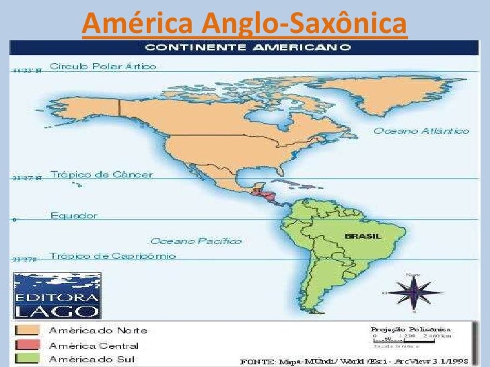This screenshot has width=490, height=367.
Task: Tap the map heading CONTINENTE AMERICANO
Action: click(x=248, y=48)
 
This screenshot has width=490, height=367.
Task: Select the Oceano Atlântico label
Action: click(x=421, y=130)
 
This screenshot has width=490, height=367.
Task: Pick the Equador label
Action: click(x=74, y=216)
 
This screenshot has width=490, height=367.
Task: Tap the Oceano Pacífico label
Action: click(x=196, y=240)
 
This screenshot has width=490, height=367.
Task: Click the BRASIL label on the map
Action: click(x=363, y=236)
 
